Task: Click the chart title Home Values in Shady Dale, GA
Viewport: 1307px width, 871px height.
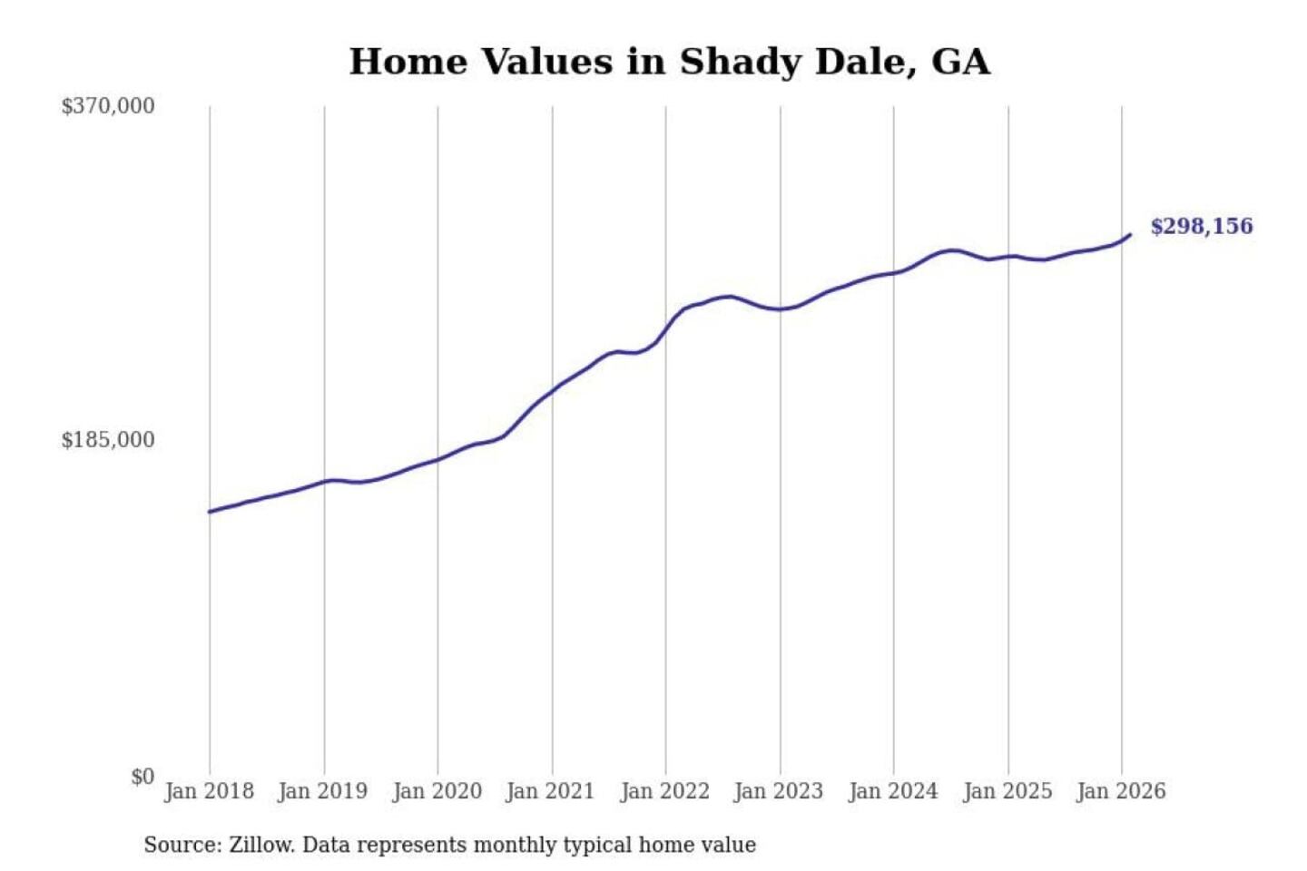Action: [669, 62]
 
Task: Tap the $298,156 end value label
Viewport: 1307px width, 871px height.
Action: [1201, 226]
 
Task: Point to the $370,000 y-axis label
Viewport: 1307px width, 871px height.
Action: [108, 106]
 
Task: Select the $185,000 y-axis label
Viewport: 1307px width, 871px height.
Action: [108, 440]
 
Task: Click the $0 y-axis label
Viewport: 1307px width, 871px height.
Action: [142, 777]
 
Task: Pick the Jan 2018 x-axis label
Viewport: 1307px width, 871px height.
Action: [209, 791]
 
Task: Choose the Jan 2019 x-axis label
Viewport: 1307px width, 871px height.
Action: [322, 791]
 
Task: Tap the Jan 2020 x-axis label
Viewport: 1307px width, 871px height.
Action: [437, 791]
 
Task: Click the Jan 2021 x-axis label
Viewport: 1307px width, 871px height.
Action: [550, 791]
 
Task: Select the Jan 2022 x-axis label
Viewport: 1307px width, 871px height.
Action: [664, 791]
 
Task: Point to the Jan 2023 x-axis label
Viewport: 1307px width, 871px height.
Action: [778, 791]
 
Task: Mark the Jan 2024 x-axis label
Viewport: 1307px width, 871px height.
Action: [892, 791]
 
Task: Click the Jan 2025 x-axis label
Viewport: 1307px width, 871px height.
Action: [1007, 791]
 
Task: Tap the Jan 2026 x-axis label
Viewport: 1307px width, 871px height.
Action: [1120, 791]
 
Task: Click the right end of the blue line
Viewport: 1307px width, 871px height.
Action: [1130, 235]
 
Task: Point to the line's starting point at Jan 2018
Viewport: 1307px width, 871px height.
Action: [210, 512]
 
